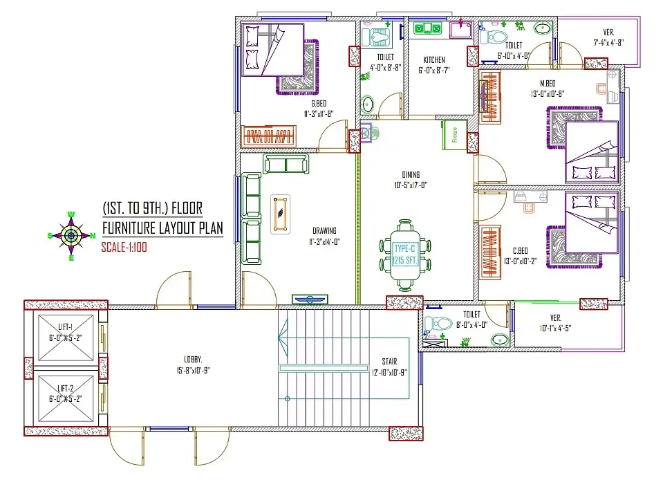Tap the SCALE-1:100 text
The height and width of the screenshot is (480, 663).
click(124, 246)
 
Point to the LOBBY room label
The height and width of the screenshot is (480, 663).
click(193, 360)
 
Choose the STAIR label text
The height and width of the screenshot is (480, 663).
click(389, 361)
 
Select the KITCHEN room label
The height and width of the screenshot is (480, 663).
click(434, 60)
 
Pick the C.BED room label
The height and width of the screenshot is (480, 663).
click(521, 250)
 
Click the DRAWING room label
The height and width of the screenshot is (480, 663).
click(324, 231)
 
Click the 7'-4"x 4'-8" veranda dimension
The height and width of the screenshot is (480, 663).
click(608, 42)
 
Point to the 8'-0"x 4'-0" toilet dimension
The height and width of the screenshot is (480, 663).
click(472, 324)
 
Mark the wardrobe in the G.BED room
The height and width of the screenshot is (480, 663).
click(268, 136)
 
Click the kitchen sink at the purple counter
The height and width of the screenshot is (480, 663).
click(459, 30)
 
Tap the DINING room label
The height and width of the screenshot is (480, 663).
click(411, 175)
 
